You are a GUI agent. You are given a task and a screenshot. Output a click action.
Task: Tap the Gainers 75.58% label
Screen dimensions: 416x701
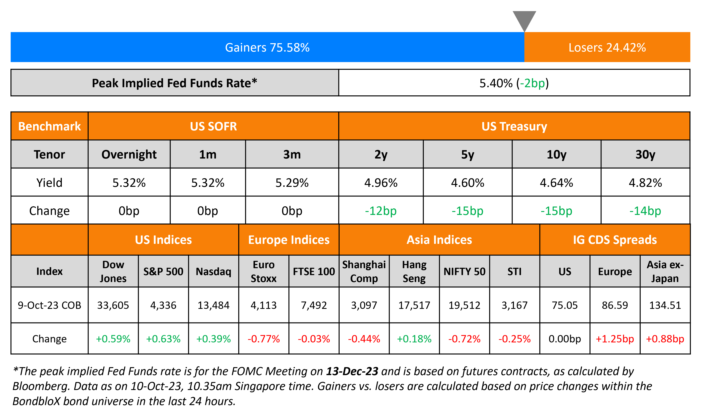point(267,47)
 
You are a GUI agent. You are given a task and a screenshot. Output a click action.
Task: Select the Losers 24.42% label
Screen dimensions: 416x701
point(607,47)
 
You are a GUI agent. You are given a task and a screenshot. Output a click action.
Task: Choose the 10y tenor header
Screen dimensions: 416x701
point(556,155)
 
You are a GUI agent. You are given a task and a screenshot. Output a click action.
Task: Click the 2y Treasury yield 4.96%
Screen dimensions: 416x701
point(381,183)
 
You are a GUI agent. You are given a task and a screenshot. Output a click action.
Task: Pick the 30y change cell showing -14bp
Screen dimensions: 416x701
point(645,211)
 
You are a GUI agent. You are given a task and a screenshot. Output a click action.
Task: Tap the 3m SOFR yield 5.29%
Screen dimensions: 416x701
point(292,183)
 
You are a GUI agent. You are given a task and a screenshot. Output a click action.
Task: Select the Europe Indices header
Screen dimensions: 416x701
point(289,240)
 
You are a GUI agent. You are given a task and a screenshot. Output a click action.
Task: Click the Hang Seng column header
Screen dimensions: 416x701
point(414,271)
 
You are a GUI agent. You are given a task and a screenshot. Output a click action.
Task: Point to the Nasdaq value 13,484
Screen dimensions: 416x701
point(213,305)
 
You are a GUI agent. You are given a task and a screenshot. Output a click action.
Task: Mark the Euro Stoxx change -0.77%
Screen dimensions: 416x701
point(264,339)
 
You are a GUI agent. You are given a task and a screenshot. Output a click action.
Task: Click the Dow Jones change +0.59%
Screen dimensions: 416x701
point(113,339)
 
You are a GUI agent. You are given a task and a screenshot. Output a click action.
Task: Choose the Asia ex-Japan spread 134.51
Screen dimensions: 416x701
point(665,305)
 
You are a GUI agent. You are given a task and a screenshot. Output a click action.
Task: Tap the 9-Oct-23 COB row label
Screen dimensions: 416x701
point(49,305)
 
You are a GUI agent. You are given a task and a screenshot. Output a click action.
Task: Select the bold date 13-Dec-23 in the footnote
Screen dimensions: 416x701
point(352,371)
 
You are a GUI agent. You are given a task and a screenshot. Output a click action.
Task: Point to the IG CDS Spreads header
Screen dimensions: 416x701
point(615,240)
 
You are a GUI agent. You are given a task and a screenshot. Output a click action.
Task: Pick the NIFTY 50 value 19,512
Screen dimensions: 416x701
point(464,305)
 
